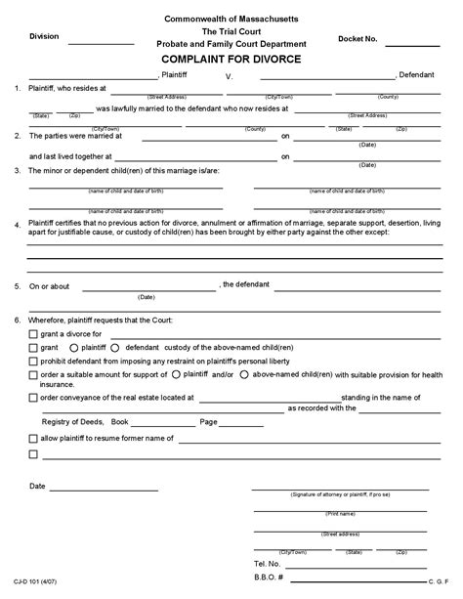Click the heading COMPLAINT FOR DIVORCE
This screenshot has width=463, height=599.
click(231, 59)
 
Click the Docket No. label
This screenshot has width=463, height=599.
click(357, 37)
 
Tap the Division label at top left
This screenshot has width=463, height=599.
click(44, 36)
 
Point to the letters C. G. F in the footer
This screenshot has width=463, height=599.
click(439, 583)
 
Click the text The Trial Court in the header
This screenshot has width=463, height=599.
click(232, 31)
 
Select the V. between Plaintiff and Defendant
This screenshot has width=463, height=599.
click(230, 74)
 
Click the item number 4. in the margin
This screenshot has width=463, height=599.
click(18, 224)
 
